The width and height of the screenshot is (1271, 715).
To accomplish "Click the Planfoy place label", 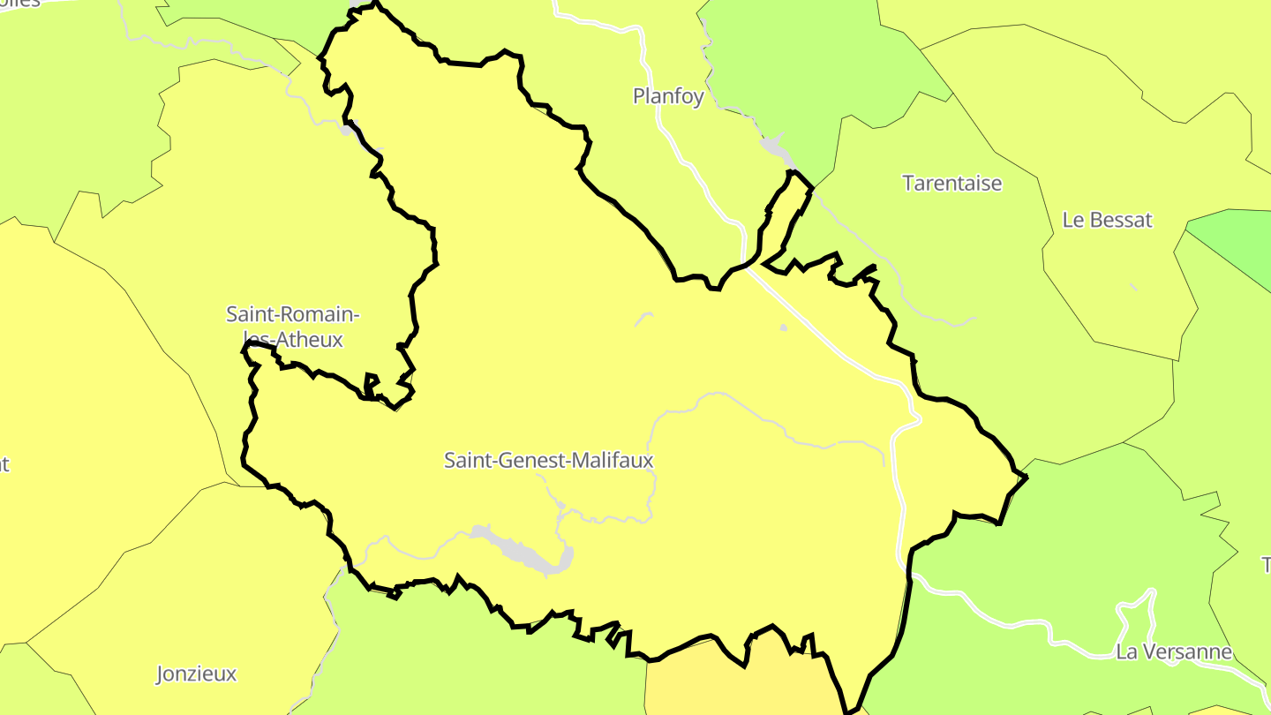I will [x=668, y=96].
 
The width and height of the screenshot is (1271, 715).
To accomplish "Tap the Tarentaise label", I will [x=951, y=184].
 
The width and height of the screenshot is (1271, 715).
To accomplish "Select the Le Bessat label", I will [x=1107, y=220].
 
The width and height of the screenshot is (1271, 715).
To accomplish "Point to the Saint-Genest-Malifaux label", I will [x=548, y=460].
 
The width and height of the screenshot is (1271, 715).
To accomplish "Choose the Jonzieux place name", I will [x=196, y=674].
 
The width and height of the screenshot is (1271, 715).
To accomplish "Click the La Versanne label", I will [x=1174, y=652].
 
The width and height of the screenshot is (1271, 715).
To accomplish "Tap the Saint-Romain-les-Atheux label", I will [x=292, y=327].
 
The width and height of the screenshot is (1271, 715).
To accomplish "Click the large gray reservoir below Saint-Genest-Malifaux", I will [x=521, y=549].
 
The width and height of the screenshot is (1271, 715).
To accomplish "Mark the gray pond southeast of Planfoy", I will [x=775, y=148].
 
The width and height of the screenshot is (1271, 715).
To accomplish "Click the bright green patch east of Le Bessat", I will [x=1236, y=243].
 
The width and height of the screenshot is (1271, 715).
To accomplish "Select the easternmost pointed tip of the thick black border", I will [x=1027, y=477].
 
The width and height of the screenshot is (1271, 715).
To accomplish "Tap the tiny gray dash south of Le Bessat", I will [x=1133, y=287].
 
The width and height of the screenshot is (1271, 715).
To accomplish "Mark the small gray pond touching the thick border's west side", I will [x=348, y=131].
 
